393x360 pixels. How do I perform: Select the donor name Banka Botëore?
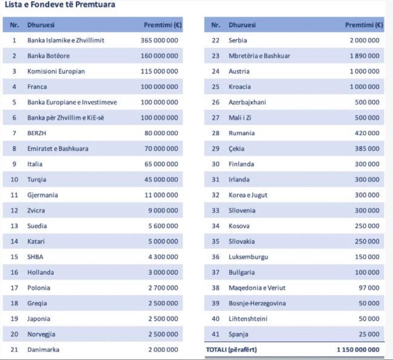[48, 56]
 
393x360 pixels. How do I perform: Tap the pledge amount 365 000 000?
[159, 40]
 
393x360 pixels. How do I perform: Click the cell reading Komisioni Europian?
[56, 71]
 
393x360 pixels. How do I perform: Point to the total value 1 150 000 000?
[358, 350]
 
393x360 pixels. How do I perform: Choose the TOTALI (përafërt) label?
[231, 350]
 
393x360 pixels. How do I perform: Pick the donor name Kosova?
[239, 226]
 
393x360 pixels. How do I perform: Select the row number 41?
[215, 334]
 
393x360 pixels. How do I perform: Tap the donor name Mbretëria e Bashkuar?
[259, 56]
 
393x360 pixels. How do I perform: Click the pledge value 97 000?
[369, 288]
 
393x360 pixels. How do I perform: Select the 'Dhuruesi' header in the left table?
[41, 25]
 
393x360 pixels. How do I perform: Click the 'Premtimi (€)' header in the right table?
[363, 25]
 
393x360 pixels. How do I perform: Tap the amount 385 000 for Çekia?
[367, 149]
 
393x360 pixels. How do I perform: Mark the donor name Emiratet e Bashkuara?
[58, 149]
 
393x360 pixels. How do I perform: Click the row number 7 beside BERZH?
[14, 133]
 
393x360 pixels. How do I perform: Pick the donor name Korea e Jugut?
[248, 195]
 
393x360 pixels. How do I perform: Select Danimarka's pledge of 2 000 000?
[163, 350]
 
